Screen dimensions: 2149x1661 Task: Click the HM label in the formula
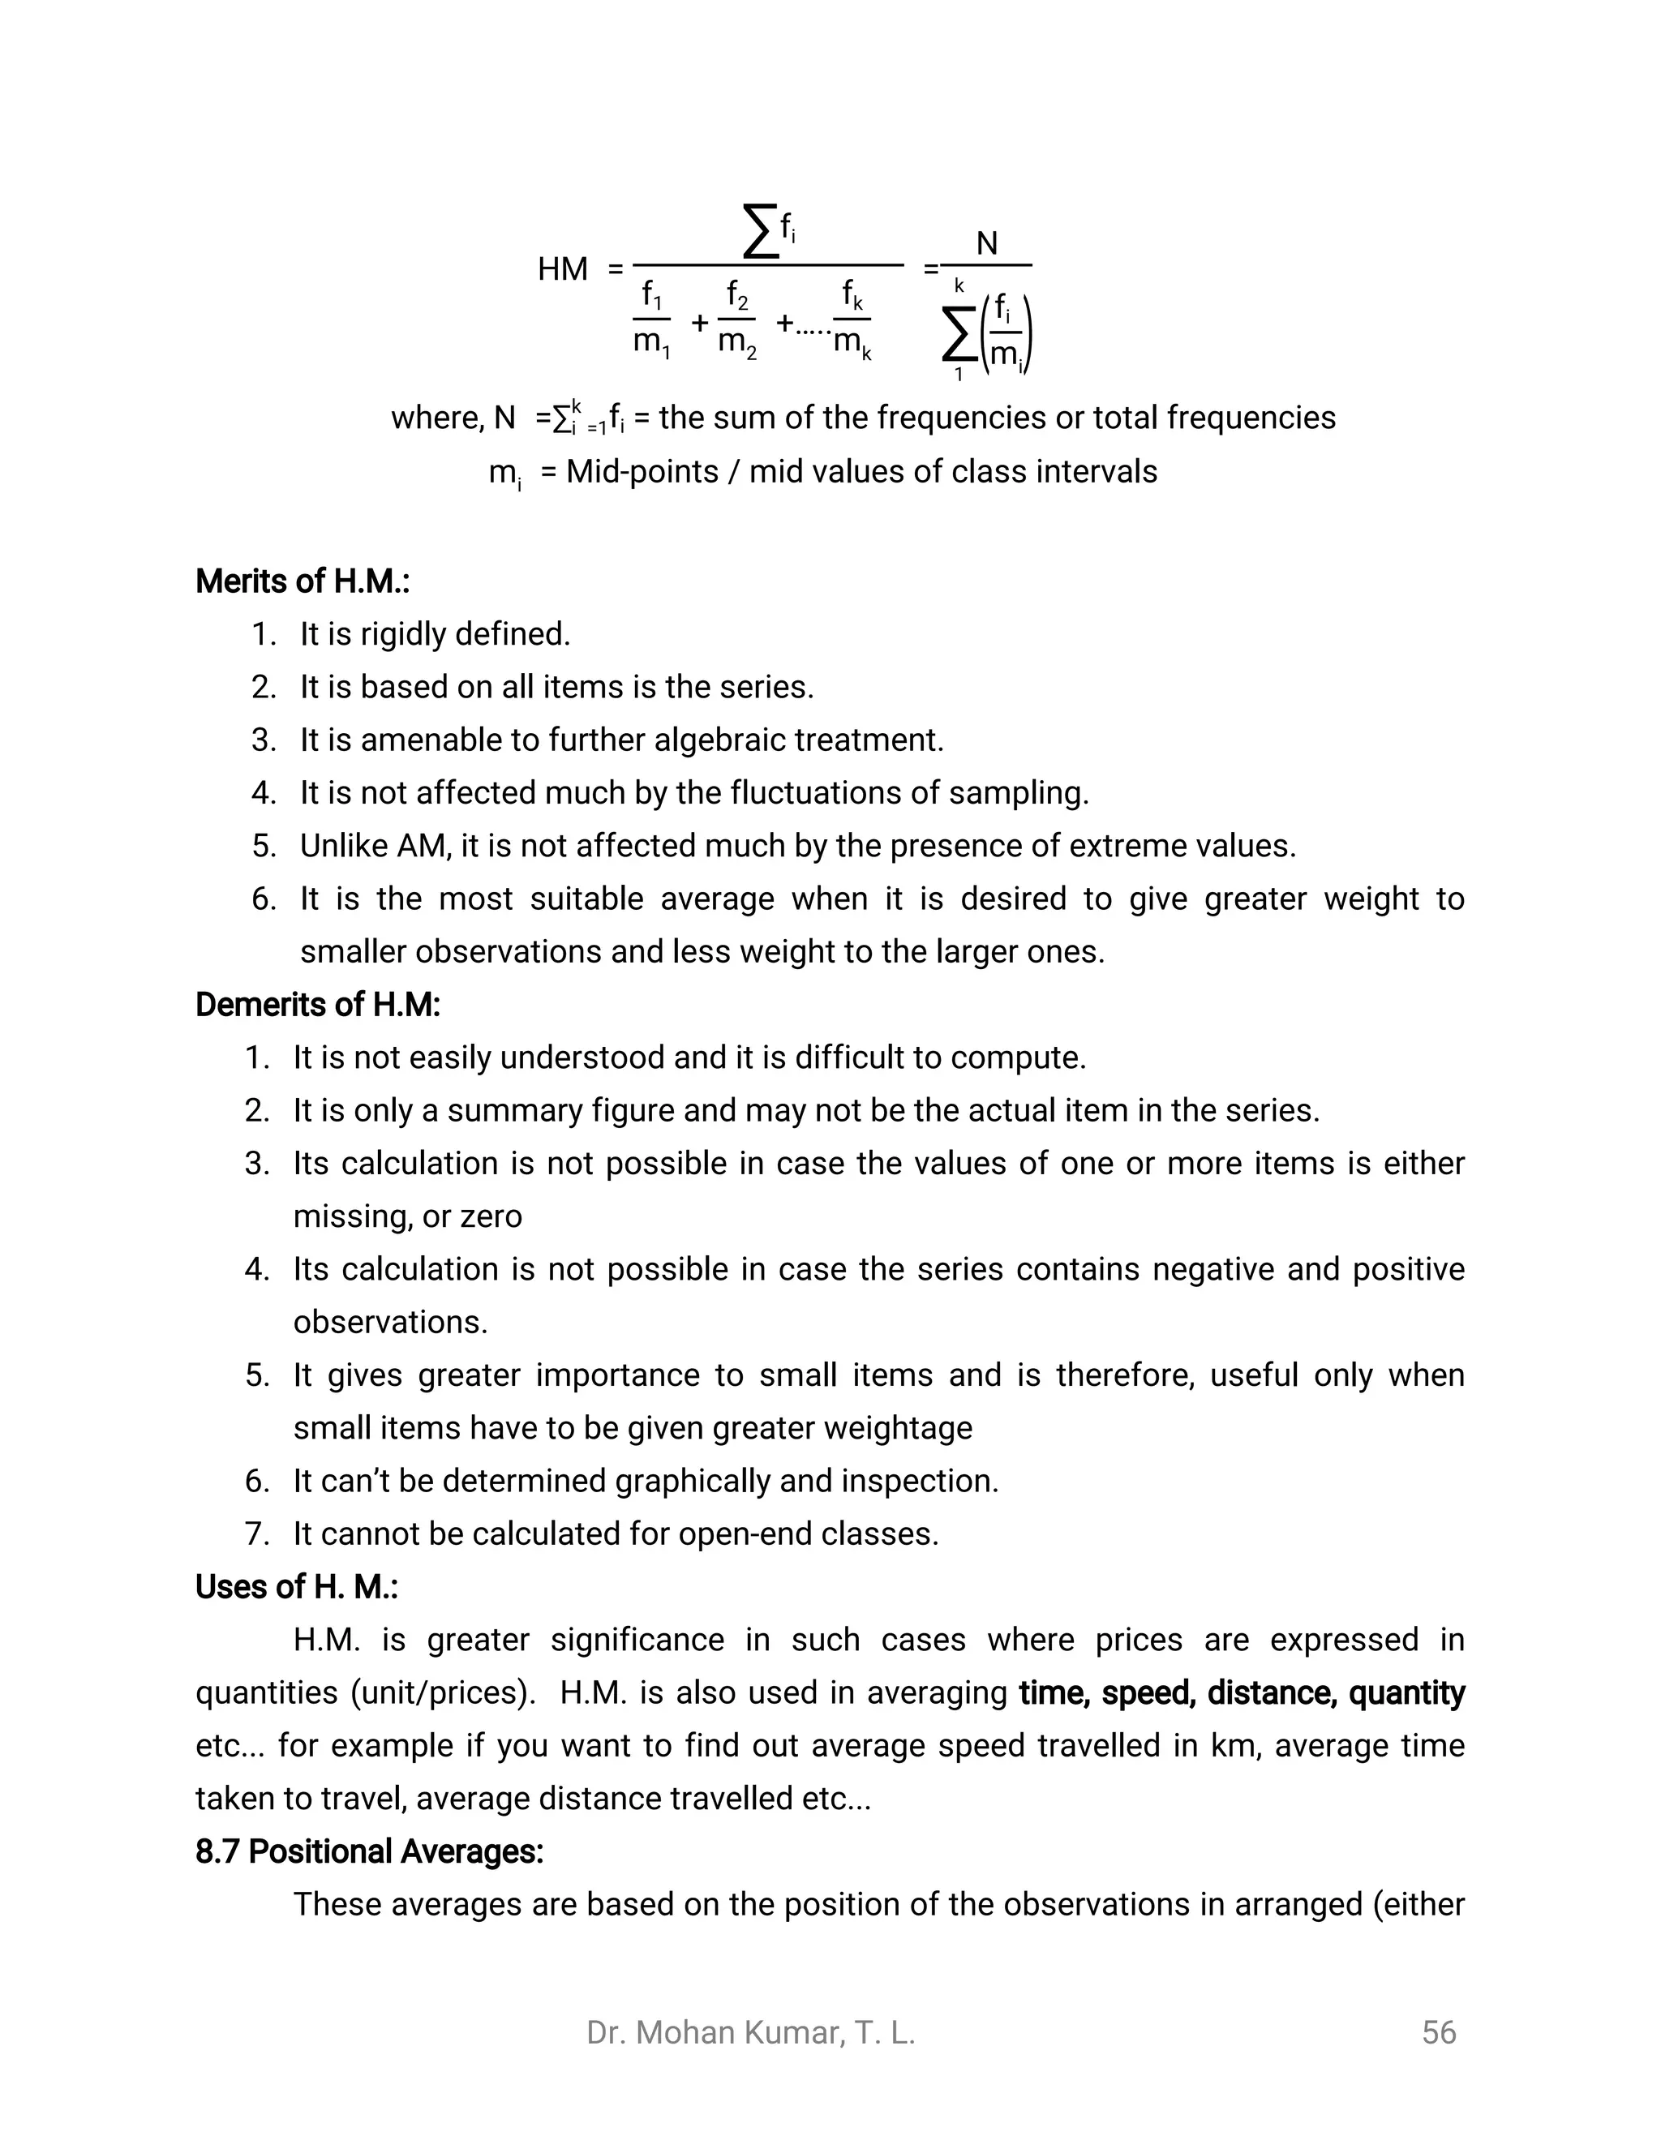coord(562,268)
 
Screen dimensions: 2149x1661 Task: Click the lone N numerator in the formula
coord(986,243)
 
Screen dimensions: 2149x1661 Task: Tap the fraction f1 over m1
coord(651,319)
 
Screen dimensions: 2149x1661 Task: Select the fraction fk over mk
coord(852,319)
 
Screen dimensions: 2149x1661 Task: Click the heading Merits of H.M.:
coord(302,581)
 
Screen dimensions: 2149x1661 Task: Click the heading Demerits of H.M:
coord(318,1005)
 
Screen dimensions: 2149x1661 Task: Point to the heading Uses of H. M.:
coord(296,1587)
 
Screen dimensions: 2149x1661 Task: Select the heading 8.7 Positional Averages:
coord(369,1852)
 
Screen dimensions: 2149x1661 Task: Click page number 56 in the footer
coord(1439,2033)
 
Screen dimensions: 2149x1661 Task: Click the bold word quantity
coord(1406,1693)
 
